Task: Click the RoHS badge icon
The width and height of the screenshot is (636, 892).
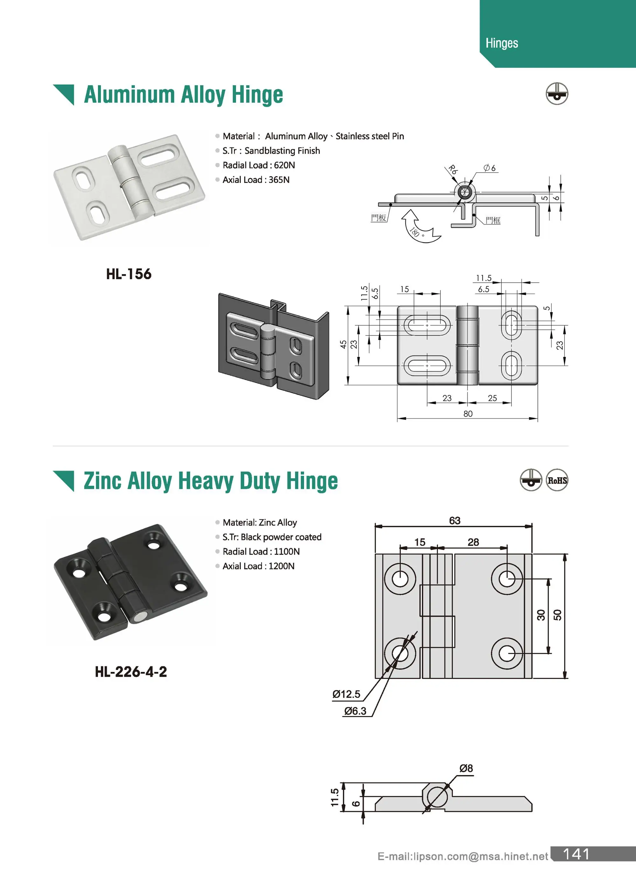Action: [x=556, y=480]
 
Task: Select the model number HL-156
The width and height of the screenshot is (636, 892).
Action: [x=128, y=274]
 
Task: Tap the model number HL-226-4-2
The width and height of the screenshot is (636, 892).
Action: [x=131, y=672]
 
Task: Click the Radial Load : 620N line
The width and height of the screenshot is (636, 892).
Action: [x=259, y=165]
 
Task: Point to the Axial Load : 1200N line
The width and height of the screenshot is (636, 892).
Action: [x=258, y=566]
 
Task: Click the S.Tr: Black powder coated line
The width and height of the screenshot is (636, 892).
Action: [x=272, y=537]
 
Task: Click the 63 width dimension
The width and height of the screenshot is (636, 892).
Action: [x=454, y=521]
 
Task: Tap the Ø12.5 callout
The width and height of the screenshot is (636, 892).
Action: [x=346, y=694]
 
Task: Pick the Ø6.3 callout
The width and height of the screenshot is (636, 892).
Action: [x=355, y=711]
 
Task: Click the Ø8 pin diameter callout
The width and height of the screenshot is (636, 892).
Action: [x=466, y=768]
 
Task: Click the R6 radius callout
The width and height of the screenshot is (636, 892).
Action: [x=452, y=169]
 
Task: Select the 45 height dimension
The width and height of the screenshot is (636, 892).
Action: [x=343, y=345]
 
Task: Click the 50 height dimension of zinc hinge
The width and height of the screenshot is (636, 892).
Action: [x=557, y=615]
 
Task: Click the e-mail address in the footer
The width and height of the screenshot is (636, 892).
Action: [x=462, y=856]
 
